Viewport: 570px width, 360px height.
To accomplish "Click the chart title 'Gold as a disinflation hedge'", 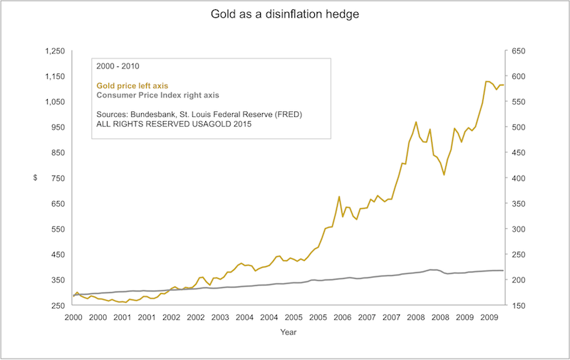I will pyautogui.click(x=284, y=14).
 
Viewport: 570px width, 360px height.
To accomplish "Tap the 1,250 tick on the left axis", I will pyautogui.click(x=55, y=51).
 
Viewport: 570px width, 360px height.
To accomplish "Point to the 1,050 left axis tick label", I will pyautogui.click(x=55, y=102).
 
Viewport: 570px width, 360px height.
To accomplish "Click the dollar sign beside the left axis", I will pyautogui.click(x=34, y=178).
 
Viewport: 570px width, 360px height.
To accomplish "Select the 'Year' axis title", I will pyautogui.click(x=289, y=331).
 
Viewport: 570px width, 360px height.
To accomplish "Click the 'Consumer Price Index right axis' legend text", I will pyautogui.click(x=157, y=95).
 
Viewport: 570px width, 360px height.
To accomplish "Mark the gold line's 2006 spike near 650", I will pyautogui.click(x=339, y=197).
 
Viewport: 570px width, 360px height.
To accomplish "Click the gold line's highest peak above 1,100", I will pyautogui.click(x=487, y=81).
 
